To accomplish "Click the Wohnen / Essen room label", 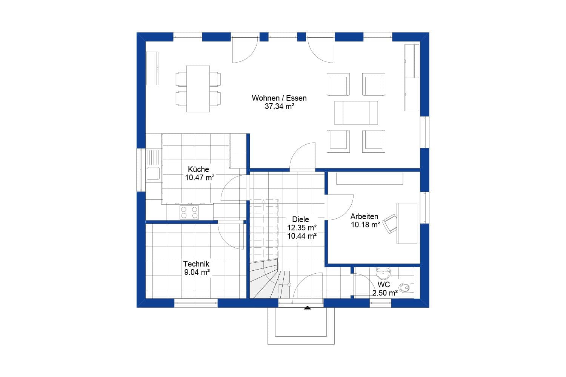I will pyautogui.click(x=279, y=98).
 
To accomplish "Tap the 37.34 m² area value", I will pyautogui.click(x=279, y=107).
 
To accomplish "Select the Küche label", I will pyautogui.click(x=198, y=169).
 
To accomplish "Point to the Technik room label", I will pyautogui.click(x=196, y=264).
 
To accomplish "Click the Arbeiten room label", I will pyautogui.click(x=364, y=216).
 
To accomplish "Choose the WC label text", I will pyautogui.click(x=384, y=285).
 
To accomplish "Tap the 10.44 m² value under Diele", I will pyautogui.click(x=301, y=236).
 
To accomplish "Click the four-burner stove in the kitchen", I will pyautogui.click(x=189, y=212).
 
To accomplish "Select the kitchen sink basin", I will pyautogui.click(x=153, y=173).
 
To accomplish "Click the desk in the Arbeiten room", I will pyautogui.click(x=407, y=223).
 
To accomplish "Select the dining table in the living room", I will pyautogui.click(x=198, y=89).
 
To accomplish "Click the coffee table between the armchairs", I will pyautogui.click(x=356, y=112).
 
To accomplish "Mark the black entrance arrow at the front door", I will pyautogui.click(x=308, y=308).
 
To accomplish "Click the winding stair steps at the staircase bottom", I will pyautogui.click(x=268, y=281).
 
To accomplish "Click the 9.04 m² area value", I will pyautogui.click(x=197, y=272).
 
